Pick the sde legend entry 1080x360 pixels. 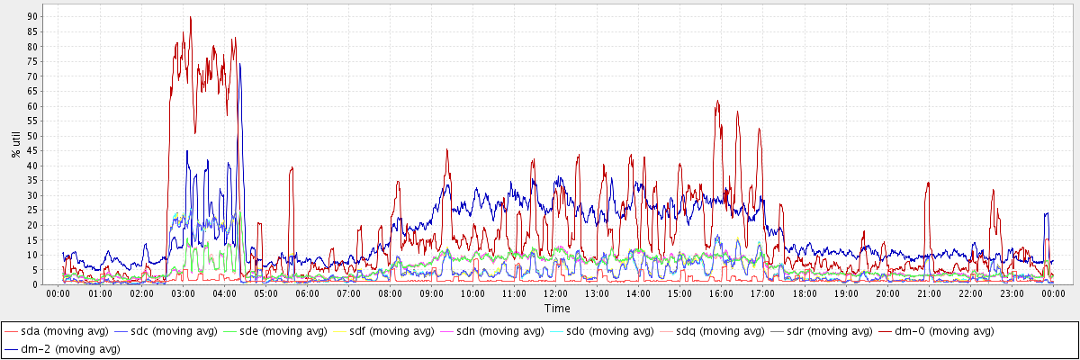tap(288, 331)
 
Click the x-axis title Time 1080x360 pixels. tap(556, 308)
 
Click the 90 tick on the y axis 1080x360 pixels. tap(33, 16)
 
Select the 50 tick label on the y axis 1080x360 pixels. tap(33, 136)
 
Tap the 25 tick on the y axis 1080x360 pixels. tap(33, 211)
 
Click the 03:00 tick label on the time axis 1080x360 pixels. tap(183, 293)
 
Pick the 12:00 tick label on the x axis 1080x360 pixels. tap(556, 293)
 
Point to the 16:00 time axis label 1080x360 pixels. tap(722, 293)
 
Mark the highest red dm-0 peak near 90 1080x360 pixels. tap(190, 17)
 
